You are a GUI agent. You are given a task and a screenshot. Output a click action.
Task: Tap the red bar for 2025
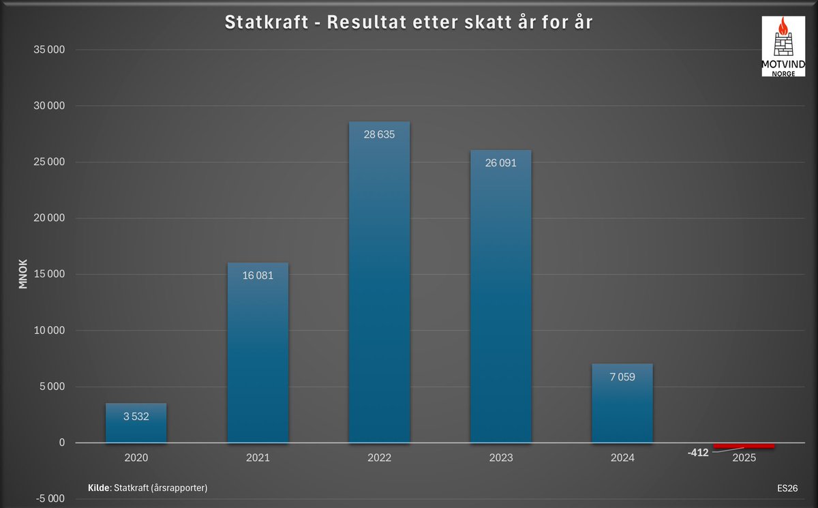[744, 446]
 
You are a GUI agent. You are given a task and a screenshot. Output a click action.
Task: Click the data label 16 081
[257, 276]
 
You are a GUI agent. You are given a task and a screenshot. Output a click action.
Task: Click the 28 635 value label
[378, 134]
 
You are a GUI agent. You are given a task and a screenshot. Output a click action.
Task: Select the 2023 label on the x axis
[500, 458]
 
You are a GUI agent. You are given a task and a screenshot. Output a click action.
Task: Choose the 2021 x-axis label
[257, 458]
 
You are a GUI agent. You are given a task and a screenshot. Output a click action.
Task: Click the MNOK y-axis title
[23, 273]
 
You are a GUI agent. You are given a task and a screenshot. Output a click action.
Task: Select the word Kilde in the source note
[100, 488]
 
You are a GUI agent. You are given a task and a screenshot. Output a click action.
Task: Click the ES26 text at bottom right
[787, 488]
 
